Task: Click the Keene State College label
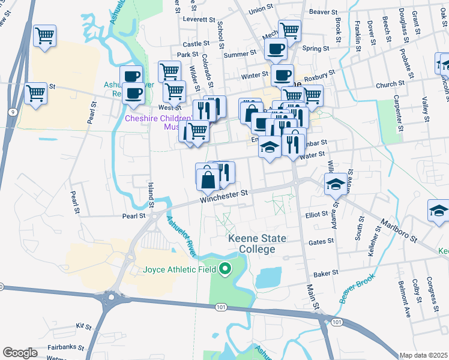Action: (256, 244)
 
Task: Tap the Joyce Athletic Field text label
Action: (181, 269)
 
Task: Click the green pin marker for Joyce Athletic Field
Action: (225, 269)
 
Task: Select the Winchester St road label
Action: (224, 194)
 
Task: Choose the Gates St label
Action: (321, 241)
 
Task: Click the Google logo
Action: (20, 352)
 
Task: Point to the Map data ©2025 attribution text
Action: (423, 355)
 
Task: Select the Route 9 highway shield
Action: (12, 112)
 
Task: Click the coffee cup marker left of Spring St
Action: (276, 49)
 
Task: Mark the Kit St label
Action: (83, 327)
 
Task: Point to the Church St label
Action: (387, 85)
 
